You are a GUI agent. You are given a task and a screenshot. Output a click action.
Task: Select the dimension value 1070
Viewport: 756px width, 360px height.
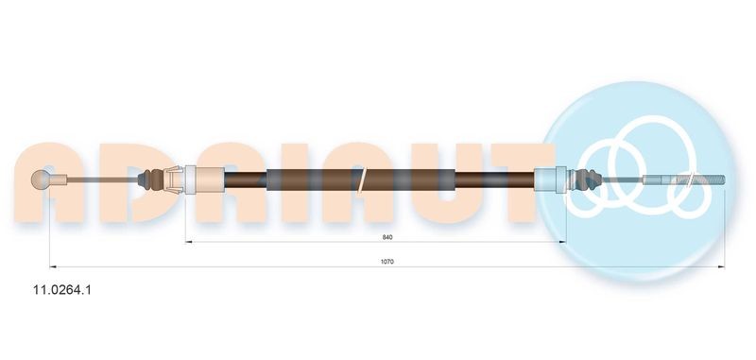point(387,261)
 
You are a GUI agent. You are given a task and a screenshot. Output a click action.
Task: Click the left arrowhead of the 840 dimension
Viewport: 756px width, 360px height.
point(188,243)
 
